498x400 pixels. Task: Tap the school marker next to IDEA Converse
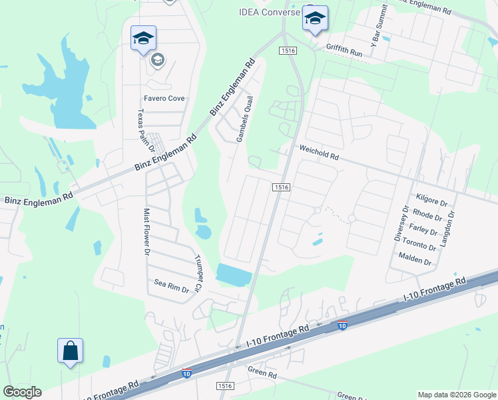(315, 19)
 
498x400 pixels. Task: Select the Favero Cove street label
(163, 98)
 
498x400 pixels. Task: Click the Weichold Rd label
(320, 153)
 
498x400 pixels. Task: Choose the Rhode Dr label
(427, 216)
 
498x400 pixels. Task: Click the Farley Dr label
(423, 232)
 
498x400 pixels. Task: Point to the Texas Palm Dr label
(141, 131)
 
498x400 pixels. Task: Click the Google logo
(22, 392)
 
